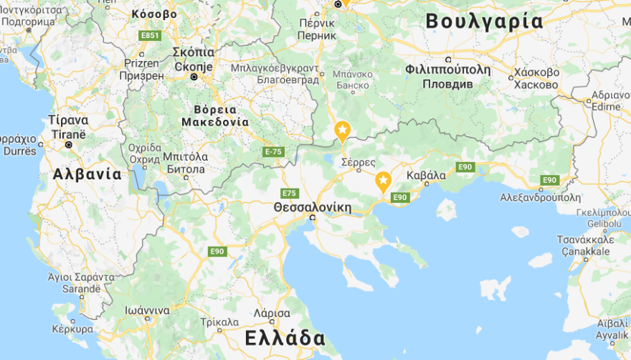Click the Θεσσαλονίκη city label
point(313,207)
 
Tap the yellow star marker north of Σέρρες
point(343,131)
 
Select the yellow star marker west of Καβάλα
point(384,181)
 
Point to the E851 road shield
point(151,35)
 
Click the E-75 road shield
point(273,152)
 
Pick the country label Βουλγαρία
point(484,22)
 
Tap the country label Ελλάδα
point(285,338)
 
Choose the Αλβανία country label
point(87,174)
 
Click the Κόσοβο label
point(155,14)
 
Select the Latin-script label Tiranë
point(68,133)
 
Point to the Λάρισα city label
point(272,313)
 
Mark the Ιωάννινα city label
point(146,311)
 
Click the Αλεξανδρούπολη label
point(540,197)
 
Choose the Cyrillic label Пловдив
point(447,83)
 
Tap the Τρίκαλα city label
point(219,323)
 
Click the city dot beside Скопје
point(194,77)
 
